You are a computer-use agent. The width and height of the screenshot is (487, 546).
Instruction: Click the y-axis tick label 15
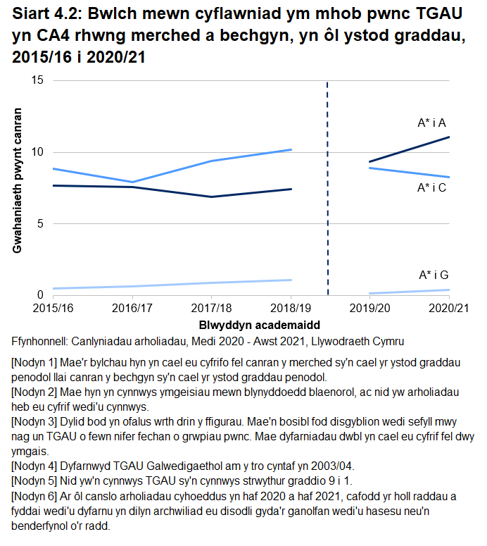(x=38, y=80)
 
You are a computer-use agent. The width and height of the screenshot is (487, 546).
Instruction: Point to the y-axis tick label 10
(x=38, y=152)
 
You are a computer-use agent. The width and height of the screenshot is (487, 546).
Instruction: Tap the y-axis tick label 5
(x=41, y=223)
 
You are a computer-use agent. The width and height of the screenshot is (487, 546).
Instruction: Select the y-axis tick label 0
(x=41, y=295)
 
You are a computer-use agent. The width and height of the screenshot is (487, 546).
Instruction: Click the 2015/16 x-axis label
(x=53, y=309)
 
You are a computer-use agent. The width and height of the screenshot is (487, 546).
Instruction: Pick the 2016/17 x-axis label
(x=133, y=309)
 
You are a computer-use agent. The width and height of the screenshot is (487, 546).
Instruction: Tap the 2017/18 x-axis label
(x=212, y=309)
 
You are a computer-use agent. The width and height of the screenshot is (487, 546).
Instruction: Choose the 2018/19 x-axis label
(x=291, y=309)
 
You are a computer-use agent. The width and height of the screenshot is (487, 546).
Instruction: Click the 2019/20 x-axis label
(x=370, y=309)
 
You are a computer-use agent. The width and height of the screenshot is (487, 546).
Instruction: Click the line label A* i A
(x=432, y=123)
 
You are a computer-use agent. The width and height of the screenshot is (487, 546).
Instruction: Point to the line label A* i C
(x=432, y=188)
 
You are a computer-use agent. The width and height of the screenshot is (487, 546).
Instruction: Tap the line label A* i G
(x=433, y=275)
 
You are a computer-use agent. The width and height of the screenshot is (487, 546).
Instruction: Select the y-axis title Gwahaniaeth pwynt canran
(x=18, y=180)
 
